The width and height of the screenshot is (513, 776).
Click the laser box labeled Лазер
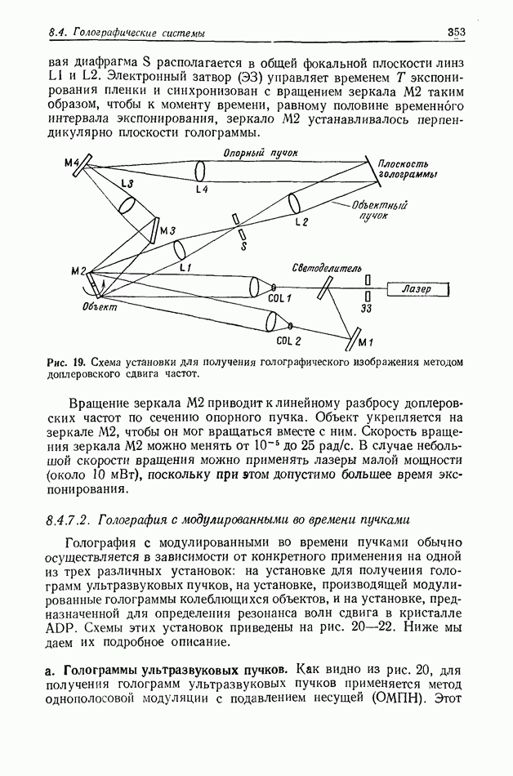pos(417,289)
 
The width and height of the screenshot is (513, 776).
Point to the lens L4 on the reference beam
pos(200,171)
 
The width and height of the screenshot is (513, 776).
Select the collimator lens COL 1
pos(256,287)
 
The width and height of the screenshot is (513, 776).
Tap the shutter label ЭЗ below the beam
pos(367,310)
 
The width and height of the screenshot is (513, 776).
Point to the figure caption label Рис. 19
pos(67,362)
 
